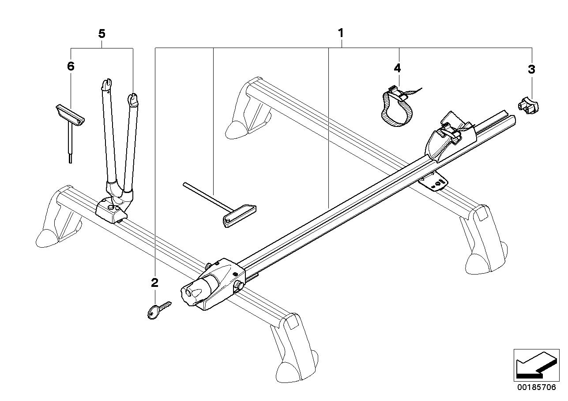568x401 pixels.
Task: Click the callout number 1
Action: click(340, 33)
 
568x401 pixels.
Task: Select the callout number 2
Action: click(154, 283)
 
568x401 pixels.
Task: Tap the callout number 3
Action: click(531, 69)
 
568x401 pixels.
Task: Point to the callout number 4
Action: click(397, 68)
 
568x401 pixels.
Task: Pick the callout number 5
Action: click(102, 33)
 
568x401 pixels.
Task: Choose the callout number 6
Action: click(71, 67)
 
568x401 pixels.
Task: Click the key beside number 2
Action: click(157, 310)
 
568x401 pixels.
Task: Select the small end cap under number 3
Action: click(529, 107)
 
